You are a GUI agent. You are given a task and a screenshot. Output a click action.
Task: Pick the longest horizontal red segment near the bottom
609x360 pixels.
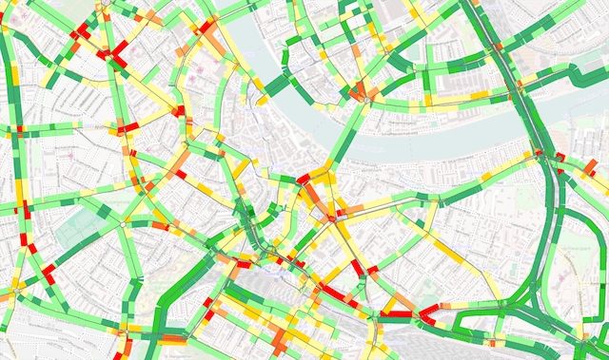pos(396,313)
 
